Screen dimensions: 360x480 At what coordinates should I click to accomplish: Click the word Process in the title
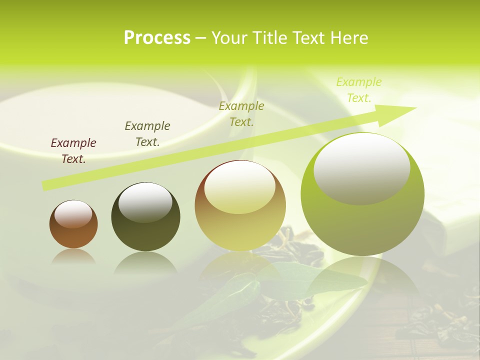tap(157, 38)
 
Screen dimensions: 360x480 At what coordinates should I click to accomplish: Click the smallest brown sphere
tap(73, 224)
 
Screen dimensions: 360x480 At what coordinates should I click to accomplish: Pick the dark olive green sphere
tap(145, 217)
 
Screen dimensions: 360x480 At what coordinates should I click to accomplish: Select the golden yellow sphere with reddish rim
tap(240, 205)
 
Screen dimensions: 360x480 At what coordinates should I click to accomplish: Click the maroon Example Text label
tap(73, 151)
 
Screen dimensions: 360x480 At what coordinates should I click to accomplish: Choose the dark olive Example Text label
tap(147, 134)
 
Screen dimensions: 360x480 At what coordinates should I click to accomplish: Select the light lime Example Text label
tap(359, 90)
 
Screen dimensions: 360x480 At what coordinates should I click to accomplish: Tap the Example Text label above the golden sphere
tap(241, 113)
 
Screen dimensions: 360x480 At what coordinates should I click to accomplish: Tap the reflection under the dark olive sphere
tap(145, 262)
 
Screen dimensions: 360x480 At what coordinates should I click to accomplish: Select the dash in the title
tap(200, 38)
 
